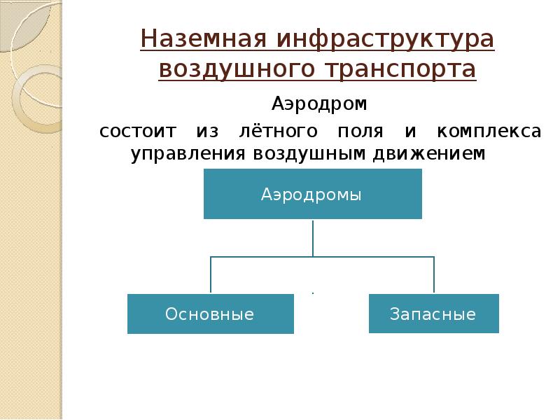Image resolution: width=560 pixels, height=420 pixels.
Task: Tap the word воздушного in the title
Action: tap(235, 70)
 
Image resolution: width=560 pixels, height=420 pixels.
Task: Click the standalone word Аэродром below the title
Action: tap(319, 105)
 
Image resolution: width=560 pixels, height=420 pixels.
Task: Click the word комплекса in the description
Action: tap(489, 132)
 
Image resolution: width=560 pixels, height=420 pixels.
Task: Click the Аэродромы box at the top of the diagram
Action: tap(312, 194)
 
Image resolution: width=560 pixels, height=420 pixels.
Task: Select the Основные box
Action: tap(210, 314)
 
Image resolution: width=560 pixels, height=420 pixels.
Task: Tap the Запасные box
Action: tap(433, 314)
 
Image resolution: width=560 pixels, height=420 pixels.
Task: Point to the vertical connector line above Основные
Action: tap(211, 275)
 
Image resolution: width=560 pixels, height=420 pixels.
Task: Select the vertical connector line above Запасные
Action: tap(434, 275)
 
